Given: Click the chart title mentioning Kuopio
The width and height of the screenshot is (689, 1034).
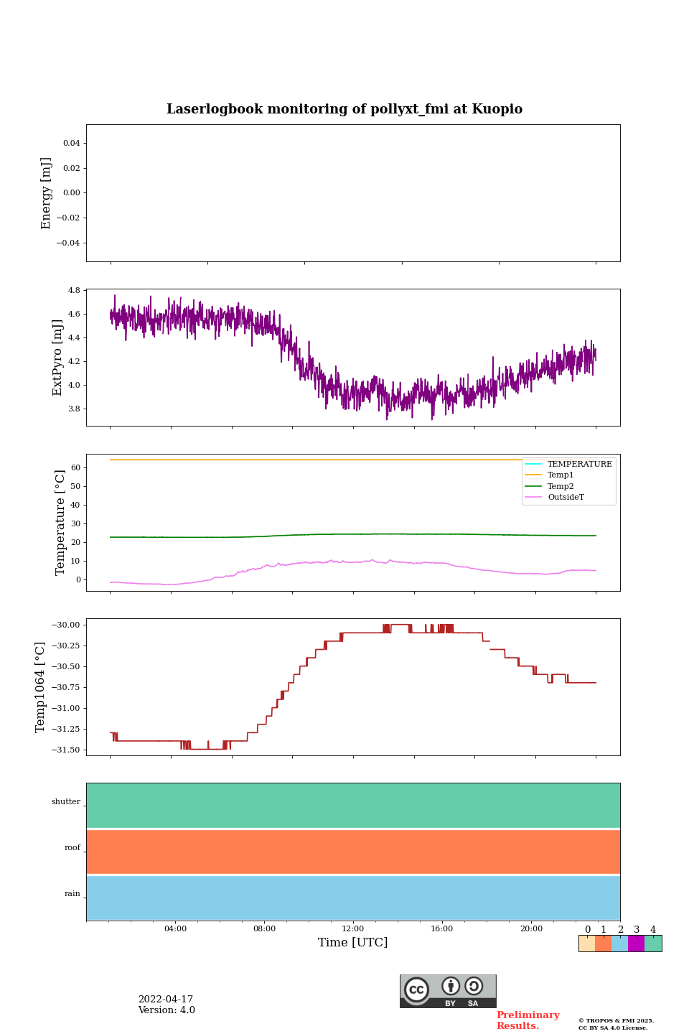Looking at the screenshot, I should click(x=344, y=109).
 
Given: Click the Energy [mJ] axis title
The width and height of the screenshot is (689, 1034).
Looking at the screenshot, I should click(x=46, y=193).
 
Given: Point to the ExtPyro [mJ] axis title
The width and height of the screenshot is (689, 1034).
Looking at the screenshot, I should click(x=57, y=358).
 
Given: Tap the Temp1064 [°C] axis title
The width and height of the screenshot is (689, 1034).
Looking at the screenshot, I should click(x=40, y=687).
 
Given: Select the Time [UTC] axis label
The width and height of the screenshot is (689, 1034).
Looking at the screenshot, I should click(x=353, y=942).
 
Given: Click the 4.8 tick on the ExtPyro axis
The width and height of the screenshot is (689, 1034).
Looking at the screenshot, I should click(x=73, y=290).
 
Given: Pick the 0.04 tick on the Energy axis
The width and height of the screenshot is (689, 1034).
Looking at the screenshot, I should click(x=71, y=144).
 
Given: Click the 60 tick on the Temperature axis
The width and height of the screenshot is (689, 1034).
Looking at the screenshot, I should click(x=75, y=467).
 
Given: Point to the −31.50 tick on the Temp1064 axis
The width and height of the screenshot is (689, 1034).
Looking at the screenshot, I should click(x=65, y=750).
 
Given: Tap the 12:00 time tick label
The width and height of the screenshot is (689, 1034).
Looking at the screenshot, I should click(x=353, y=928).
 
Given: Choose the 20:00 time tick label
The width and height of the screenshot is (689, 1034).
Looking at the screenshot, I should click(x=531, y=928).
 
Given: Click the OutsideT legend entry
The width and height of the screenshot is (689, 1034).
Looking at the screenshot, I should click(x=566, y=497).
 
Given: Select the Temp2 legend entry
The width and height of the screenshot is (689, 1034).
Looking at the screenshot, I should click(x=561, y=486).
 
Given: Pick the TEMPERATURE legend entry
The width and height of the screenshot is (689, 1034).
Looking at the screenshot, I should click(x=579, y=464).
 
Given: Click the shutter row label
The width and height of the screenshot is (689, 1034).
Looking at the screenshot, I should click(x=66, y=802).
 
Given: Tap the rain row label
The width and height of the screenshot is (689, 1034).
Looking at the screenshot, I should click(x=72, y=894).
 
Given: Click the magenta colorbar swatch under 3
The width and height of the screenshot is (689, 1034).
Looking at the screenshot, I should click(x=636, y=944).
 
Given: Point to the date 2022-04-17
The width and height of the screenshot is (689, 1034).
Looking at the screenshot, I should click(x=166, y=1000).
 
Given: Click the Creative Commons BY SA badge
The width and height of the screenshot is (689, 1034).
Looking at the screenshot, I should click(x=448, y=991).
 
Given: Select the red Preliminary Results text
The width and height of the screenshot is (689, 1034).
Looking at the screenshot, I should click(x=528, y=1020).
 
